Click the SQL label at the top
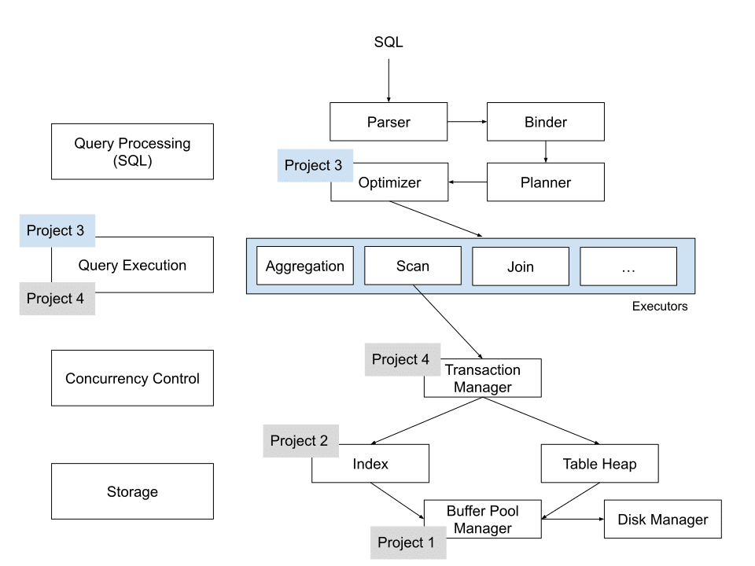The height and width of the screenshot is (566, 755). point(388,42)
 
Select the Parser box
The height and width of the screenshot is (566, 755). point(389,123)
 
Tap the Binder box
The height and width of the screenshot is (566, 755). point(545,123)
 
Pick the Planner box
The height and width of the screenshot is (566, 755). point(545,182)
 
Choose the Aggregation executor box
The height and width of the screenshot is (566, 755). point(305,266)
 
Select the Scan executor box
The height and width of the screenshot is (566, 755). point(412,266)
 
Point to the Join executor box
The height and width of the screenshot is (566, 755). point(520,266)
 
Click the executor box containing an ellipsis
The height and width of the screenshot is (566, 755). point(628,266)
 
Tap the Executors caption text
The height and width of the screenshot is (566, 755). point(659,307)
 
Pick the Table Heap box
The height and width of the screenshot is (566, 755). point(599,464)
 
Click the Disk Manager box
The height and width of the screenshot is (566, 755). point(662,520)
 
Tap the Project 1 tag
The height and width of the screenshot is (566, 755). point(405,542)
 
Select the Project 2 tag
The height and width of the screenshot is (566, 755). point(299,441)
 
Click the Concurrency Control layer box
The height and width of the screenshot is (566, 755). point(132,378)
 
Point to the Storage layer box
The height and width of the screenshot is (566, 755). point(132,491)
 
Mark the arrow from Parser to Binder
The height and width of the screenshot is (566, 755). point(467,122)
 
